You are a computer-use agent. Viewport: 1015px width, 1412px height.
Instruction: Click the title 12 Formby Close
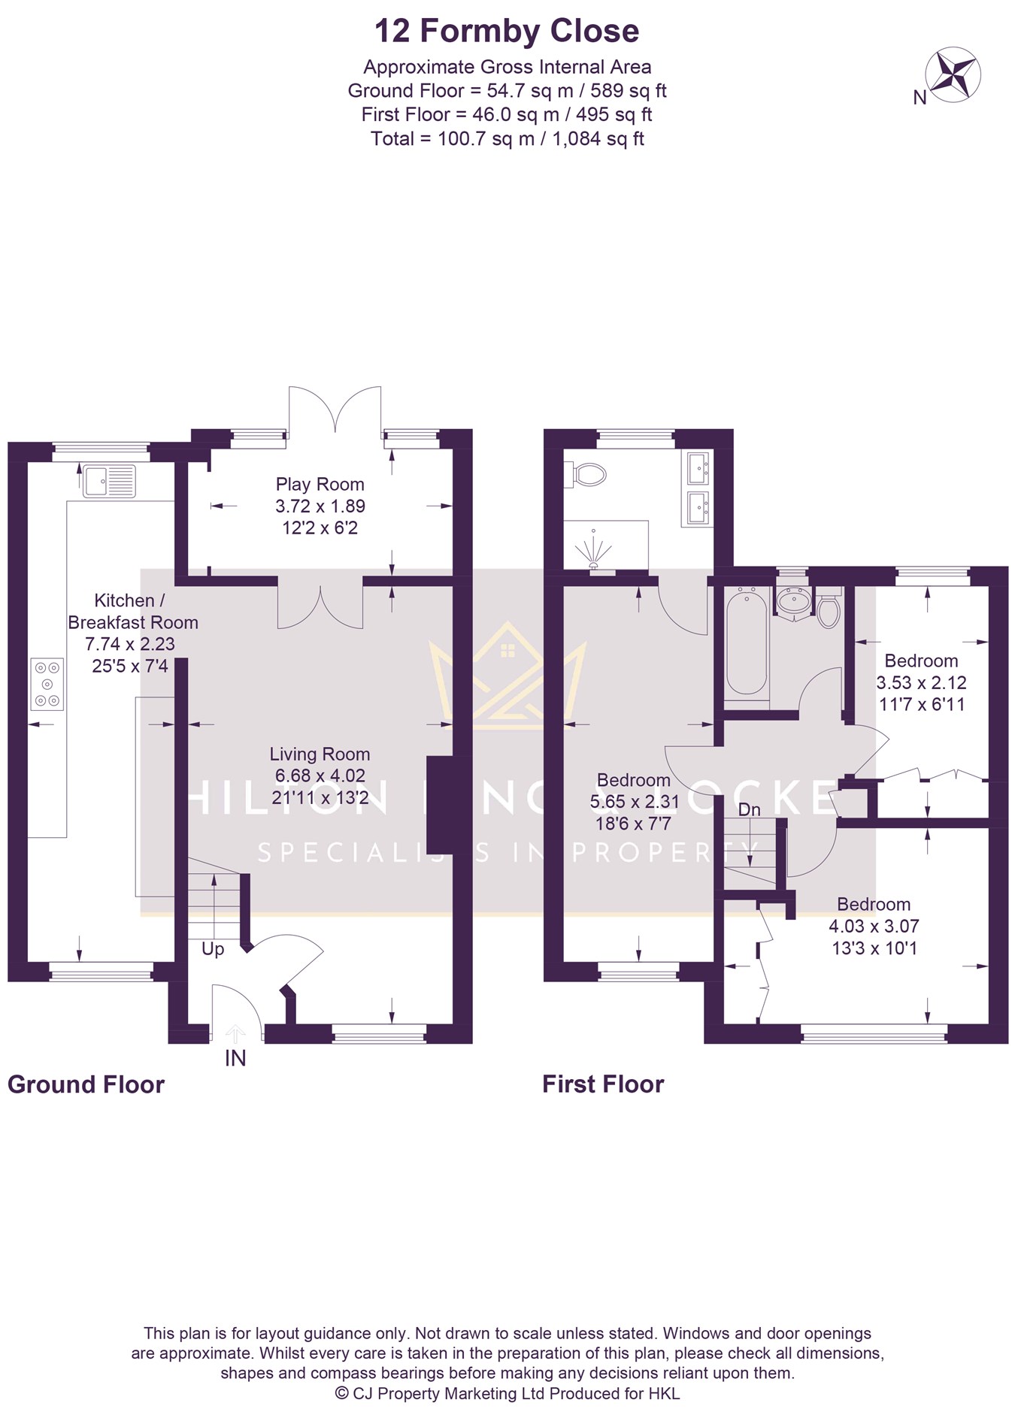click(507, 31)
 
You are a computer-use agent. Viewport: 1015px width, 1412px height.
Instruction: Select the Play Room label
click(320, 484)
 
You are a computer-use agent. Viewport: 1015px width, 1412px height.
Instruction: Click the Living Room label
click(320, 754)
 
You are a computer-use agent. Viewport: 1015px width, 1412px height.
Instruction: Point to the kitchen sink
click(110, 481)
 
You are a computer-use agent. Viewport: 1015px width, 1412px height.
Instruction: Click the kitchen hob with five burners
click(47, 684)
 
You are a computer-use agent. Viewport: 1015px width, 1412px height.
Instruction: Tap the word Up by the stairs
click(213, 949)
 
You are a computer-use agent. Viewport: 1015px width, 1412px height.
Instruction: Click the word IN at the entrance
click(235, 1058)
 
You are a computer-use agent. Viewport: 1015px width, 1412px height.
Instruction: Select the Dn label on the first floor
click(749, 809)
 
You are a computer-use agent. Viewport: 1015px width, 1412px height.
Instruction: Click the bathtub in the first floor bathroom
click(746, 642)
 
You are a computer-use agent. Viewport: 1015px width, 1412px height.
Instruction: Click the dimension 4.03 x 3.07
click(874, 926)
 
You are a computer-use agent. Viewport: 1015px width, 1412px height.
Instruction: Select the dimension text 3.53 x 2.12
click(921, 682)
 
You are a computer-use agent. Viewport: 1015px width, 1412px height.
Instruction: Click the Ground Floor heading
click(86, 1084)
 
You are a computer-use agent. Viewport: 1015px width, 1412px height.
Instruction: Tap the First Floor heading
click(603, 1084)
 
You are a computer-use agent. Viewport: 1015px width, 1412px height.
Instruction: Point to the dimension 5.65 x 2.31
click(634, 802)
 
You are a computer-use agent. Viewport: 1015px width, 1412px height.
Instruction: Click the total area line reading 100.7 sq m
click(507, 138)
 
